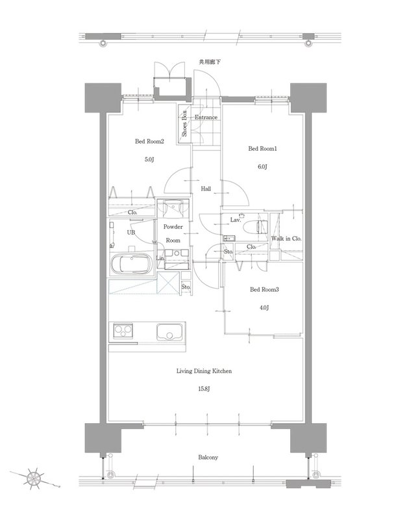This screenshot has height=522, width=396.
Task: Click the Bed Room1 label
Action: click(262, 149)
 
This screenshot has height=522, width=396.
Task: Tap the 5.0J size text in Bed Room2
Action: click(149, 159)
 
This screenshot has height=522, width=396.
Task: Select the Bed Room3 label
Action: click(264, 290)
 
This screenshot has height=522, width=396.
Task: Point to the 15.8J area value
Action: click(204, 389)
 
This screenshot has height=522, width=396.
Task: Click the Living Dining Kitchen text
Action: click(204, 371)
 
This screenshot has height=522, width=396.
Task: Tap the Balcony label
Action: click(208, 458)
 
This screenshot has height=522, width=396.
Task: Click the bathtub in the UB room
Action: click(131, 264)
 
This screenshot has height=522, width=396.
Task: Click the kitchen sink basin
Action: click(170, 332)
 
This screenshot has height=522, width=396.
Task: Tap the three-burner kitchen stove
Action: click(123, 330)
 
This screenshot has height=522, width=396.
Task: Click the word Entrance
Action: click(206, 117)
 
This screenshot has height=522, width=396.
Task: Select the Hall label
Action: click(206, 189)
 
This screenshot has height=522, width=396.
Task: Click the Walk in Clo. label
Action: click(286, 239)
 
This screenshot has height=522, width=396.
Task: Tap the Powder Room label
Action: click(173, 233)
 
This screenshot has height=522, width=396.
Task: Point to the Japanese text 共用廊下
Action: click(210, 62)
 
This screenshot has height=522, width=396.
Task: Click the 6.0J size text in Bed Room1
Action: click(262, 166)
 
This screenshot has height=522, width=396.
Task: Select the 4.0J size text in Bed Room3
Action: click(264, 307)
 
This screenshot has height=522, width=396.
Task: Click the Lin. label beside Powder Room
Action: click(160, 258)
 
